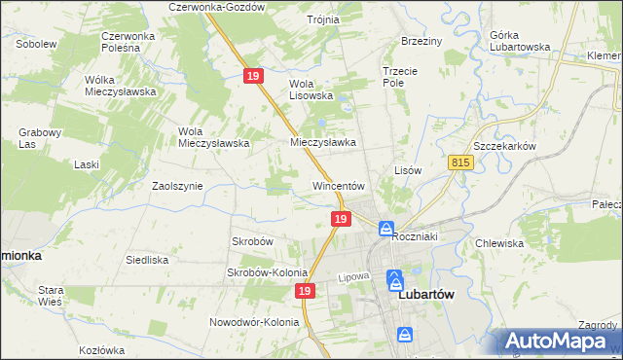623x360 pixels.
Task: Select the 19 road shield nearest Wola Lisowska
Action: coord(254,76)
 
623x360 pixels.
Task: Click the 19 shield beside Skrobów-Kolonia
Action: coord(306,291)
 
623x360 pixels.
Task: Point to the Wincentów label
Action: coord(338,185)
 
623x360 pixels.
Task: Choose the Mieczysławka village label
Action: coord(323,142)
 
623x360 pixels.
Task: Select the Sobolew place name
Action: coord(35,44)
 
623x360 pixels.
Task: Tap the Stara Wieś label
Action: coord(50,296)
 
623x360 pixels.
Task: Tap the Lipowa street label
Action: coord(355,277)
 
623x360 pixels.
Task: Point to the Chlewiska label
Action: coord(499,243)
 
